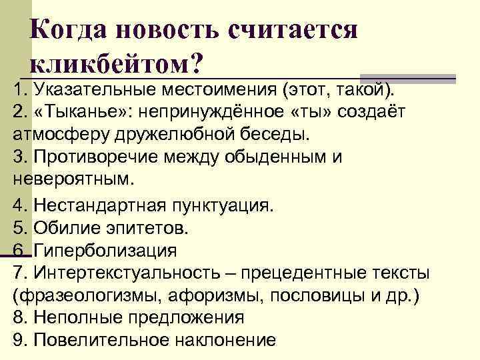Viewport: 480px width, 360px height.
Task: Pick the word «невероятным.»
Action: coord(73,179)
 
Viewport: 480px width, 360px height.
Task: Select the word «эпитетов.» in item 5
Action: coord(146,229)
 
